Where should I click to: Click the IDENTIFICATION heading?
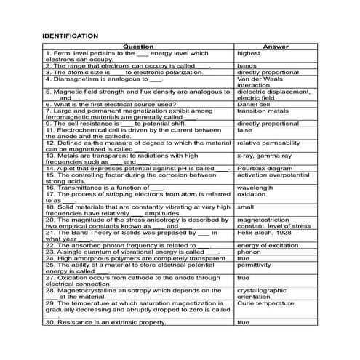[71, 35]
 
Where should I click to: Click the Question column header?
[138, 47]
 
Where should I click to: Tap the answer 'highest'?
[249, 53]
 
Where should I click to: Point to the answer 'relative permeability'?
[268, 143]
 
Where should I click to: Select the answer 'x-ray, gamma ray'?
[264, 155]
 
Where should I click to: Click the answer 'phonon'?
[249, 251]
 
